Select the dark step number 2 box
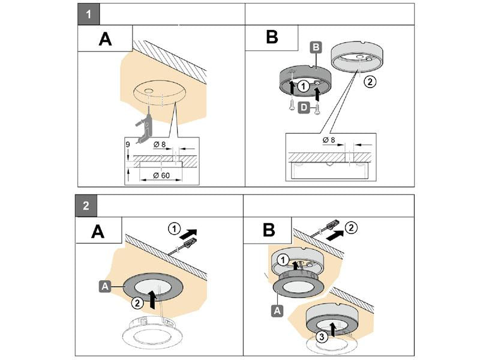click(x=86, y=206)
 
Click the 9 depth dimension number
click(x=128, y=145)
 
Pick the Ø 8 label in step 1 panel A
click(x=159, y=144)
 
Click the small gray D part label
click(x=304, y=107)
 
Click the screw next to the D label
click(x=317, y=109)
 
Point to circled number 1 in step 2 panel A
click(x=174, y=229)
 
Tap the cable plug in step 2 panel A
click(x=187, y=244)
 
